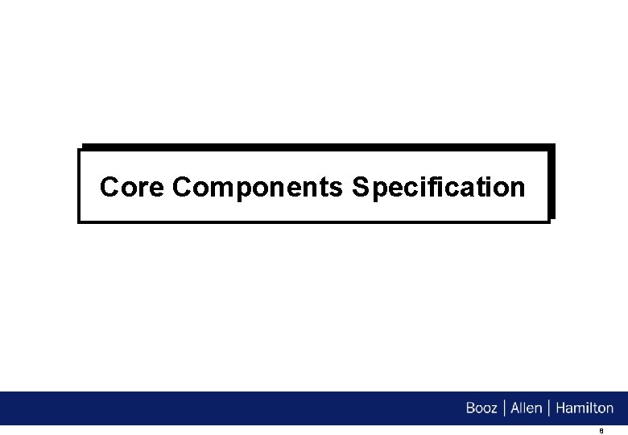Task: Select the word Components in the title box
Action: point(258,188)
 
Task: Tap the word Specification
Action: point(439,188)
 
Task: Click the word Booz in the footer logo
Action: point(482,408)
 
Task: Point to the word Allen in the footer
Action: point(527,408)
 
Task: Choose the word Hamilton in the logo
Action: point(585,408)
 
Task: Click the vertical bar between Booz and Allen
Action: point(505,408)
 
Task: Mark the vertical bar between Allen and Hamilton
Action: point(549,408)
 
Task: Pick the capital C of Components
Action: point(182,188)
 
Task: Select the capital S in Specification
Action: point(360,188)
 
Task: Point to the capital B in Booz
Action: point(471,408)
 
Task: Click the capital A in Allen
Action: point(516,408)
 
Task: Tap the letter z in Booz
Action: point(495,409)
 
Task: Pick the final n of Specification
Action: point(518,189)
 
